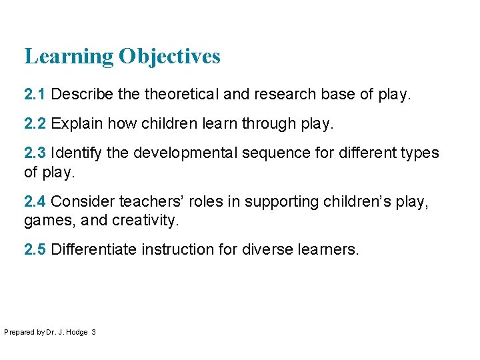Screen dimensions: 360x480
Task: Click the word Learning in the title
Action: pos(69,57)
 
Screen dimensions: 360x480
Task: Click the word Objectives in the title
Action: pos(169,57)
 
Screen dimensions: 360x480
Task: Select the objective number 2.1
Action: pos(35,95)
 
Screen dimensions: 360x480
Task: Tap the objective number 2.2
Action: pos(35,123)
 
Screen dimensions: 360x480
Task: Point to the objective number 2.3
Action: pos(35,153)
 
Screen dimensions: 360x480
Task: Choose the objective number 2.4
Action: pos(35,201)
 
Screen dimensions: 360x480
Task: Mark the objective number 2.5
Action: pos(35,249)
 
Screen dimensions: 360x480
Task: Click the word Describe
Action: pos(81,95)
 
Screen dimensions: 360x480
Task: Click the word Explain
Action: pos(75,123)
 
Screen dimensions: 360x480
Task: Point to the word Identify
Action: pos(76,153)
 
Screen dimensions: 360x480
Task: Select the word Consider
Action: pos(80,201)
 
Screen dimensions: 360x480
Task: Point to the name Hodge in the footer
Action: pos(77,331)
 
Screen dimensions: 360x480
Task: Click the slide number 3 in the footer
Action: pos(93,331)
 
